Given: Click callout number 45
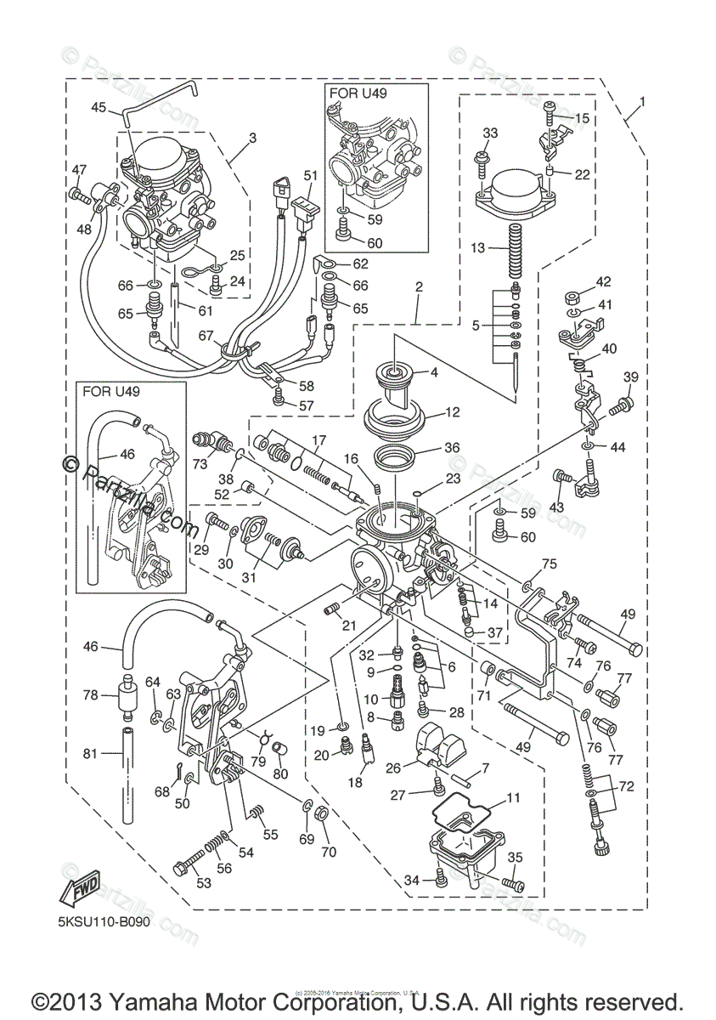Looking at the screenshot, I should pos(99,108).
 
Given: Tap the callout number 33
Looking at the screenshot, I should pos(491,133).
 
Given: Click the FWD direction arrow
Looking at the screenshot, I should pos(79,886).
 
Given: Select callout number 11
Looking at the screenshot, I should pos(512,798).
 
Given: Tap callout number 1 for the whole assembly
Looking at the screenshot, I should pos(643,102).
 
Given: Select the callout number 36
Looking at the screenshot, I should pos(452,448).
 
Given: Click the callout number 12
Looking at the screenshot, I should pos(452,412).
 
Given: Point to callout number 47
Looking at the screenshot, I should pos(79,169).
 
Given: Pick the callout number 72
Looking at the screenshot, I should pos(626,786).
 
